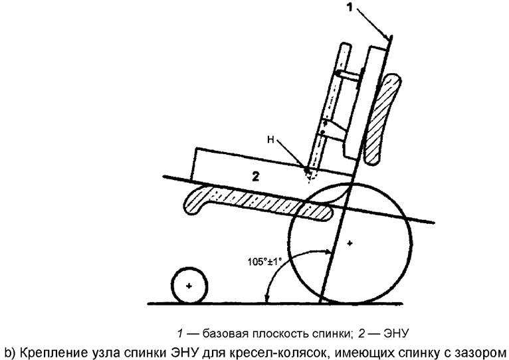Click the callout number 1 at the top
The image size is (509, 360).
pos(350,7)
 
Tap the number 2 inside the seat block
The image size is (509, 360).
pos(256,177)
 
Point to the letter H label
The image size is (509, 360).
pos(270,140)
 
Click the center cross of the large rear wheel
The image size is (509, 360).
pos(350,243)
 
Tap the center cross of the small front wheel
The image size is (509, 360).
pos(189,286)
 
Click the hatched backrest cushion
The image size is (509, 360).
pos(381,120)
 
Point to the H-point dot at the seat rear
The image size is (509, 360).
pos(306,169)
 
